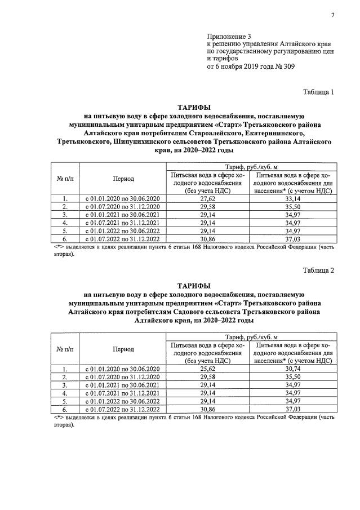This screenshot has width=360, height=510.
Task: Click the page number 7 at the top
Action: point(332,15)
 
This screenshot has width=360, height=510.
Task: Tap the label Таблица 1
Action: point(318,92)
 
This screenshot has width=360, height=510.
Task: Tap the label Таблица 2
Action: point(318,270)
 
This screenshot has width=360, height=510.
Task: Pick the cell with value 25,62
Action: point(208,369)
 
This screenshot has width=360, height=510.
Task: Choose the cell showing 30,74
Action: point(293,369)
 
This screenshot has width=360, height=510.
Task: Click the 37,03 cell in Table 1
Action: point(293,238)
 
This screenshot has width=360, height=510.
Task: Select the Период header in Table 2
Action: point(123,349)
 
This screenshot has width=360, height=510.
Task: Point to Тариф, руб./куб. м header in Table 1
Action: point(250,167)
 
